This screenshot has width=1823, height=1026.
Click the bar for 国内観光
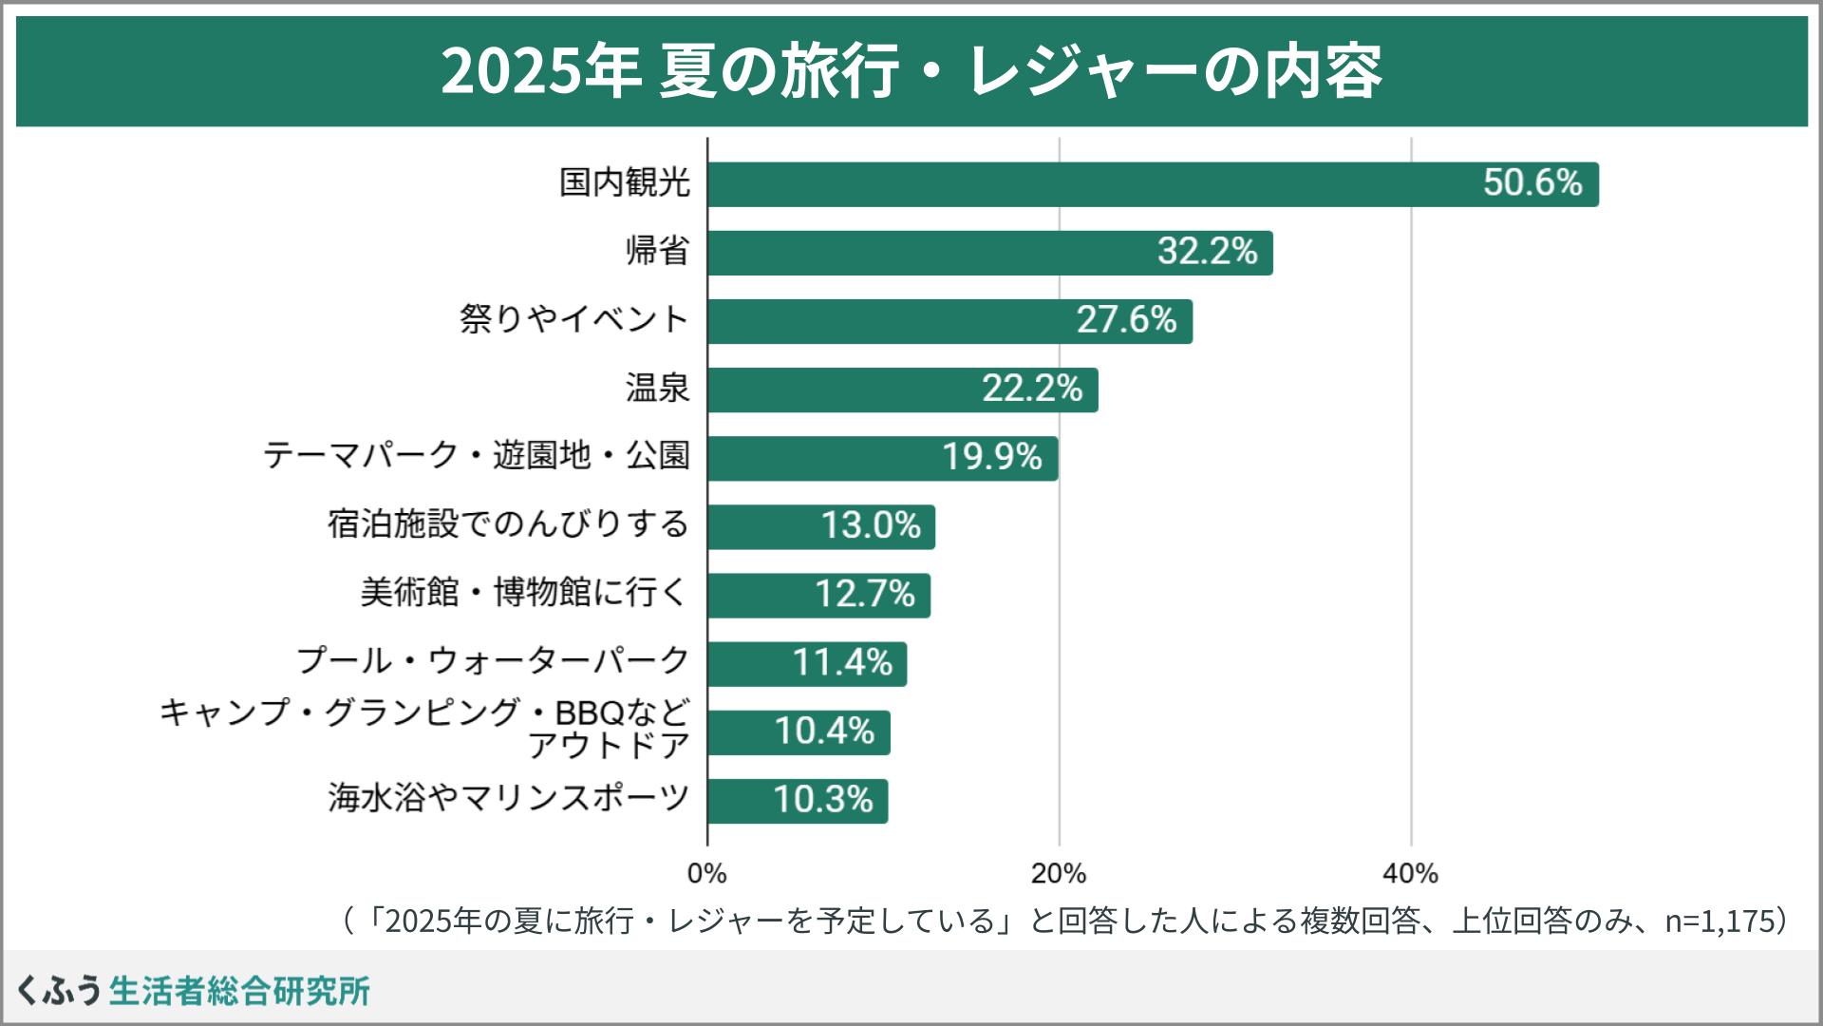click(1153, 184)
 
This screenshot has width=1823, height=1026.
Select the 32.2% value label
click(1207, 252)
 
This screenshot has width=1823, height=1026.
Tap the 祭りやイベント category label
click(573, 319)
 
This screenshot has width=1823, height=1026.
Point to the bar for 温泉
click(902, 389)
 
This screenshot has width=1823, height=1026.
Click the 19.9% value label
click(991, 457)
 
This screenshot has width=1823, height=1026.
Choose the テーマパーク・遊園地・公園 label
click(476, 456)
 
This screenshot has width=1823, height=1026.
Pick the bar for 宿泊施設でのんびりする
click(821, 526)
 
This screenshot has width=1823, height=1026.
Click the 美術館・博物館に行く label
click(523, 593)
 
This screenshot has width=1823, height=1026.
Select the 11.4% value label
click(842, 662)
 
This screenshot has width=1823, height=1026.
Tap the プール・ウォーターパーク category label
click(493, 660)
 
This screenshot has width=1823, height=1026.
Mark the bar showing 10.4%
click(799, 732)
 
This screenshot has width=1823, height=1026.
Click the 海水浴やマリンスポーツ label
click(508, 798)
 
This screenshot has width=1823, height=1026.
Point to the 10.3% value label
click(822, 800)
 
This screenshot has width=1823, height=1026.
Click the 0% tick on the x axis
click(706, 873)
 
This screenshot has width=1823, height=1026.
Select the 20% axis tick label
click(1059, 873)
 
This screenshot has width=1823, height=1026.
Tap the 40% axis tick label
click(1410, 873)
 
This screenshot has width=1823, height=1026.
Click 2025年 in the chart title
click(540, 72)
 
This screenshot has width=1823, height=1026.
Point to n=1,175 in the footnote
click(1720, 921)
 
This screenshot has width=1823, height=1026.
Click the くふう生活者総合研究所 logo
click(193, 990)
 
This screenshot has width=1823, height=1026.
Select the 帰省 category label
click(657, 252)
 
